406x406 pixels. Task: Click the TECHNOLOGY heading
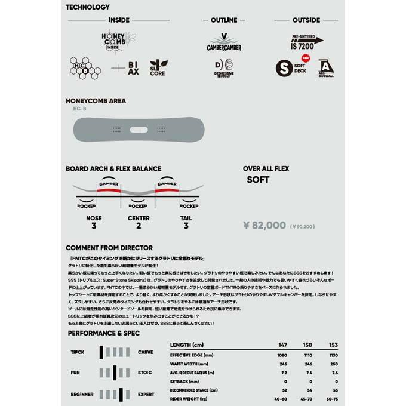[88, 7]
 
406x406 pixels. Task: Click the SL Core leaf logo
[156, 67]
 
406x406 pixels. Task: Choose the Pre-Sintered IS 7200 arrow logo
[307, 40]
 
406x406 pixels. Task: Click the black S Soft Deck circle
[283, 67]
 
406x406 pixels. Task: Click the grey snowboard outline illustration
[139, 128]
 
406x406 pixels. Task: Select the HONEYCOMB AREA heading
[96, 101]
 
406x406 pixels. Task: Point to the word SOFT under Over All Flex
[258, 180]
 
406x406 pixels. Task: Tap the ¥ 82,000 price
[265, 225]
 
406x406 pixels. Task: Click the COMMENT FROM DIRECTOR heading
[109, 247]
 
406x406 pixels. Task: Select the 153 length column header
[334, 345]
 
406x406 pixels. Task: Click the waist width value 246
[309, 364]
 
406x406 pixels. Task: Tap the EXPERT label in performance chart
[146, 394]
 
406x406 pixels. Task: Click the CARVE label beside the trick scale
[145, 352]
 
